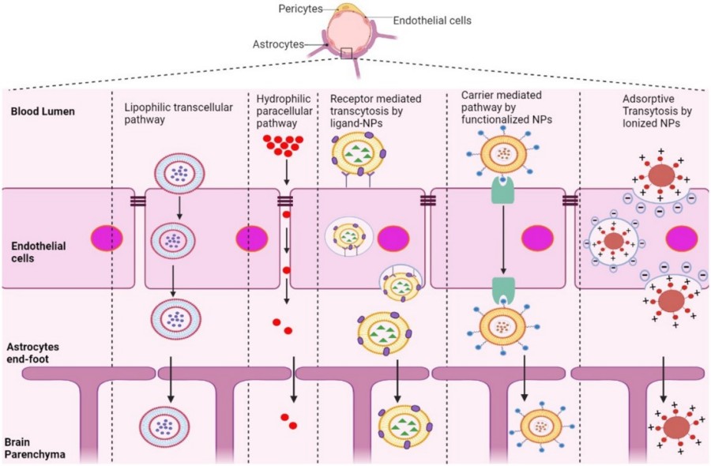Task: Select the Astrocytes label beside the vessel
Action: (281, 45)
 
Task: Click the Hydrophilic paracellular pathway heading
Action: (284, 111)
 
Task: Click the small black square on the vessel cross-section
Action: (346, 53)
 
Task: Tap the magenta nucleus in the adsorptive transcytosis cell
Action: (682, 239)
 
